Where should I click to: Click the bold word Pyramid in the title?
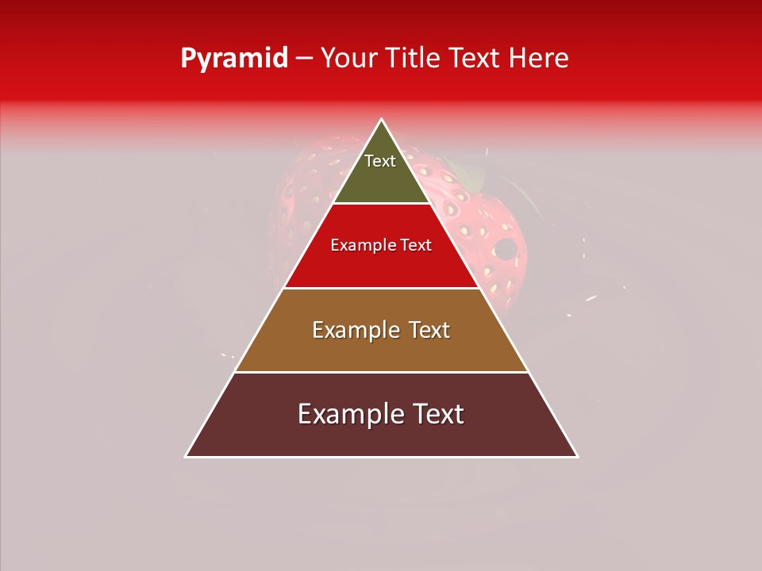pyautogui.click(x=233, y=58)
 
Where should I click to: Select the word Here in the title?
pyautogui.click(x=538, y=58)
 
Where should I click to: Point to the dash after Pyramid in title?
pyautogui.click(x=304, y=59)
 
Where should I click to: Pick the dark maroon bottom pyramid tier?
pyautogui.click(x=381, y=436)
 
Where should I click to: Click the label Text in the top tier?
pyautogui.click(x=380, y=161)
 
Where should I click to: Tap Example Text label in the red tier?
pyautogui.click(x=381, y=245)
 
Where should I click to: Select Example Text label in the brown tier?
pyautogui.click(x=381, y=330)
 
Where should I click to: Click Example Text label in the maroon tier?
pyautogui.click(x=381, y=414)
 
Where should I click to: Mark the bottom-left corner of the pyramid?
pyautogui.click(x=187, y=456)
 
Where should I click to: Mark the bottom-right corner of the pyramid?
pyautogui.click(x=577, y=456)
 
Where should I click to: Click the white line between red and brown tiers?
pyautogui.click(x=381, y=288)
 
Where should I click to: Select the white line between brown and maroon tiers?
pyautogui.click(x=381, y=372)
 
